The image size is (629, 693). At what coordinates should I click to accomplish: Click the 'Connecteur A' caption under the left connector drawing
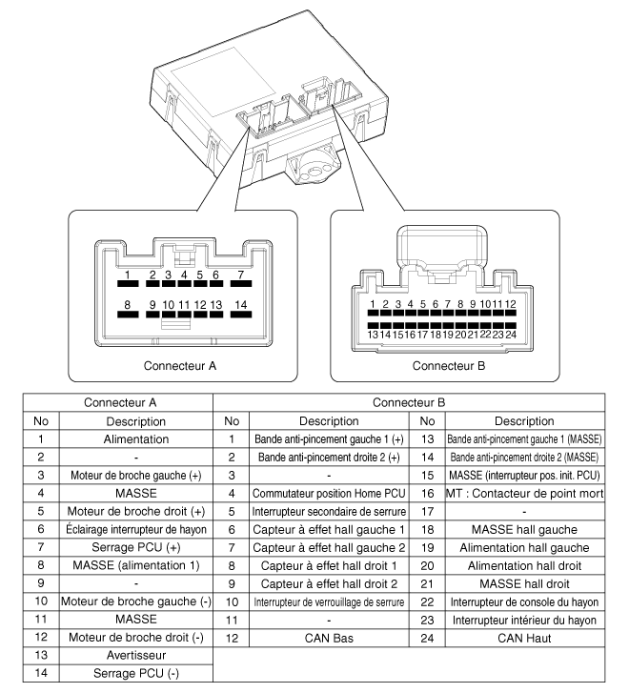click(180, 364)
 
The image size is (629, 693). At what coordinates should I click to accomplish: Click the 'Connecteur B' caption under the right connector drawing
click(449, 364)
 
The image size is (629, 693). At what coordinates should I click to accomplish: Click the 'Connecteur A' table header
click(117, 402)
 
